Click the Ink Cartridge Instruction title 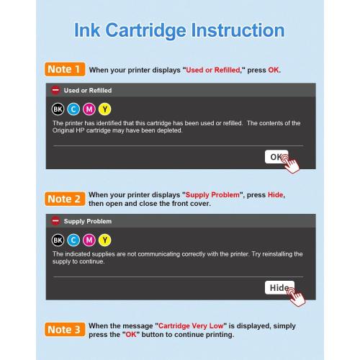point(179,31)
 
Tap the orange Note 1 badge point(64,70)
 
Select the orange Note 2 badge point(64,199)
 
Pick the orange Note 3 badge point(64,330)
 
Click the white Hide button point(278,287)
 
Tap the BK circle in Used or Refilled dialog point(58,109)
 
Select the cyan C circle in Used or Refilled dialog point(73,109)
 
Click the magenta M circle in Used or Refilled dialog point(89,109)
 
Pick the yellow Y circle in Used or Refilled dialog point(105,109)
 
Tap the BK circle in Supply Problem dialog point(58,240)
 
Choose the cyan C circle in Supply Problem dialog point(73,240)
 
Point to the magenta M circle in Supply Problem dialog point(89,240)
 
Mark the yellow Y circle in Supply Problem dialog point(105,240)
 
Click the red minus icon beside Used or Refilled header point(55,91)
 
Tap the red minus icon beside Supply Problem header point(55,221)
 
